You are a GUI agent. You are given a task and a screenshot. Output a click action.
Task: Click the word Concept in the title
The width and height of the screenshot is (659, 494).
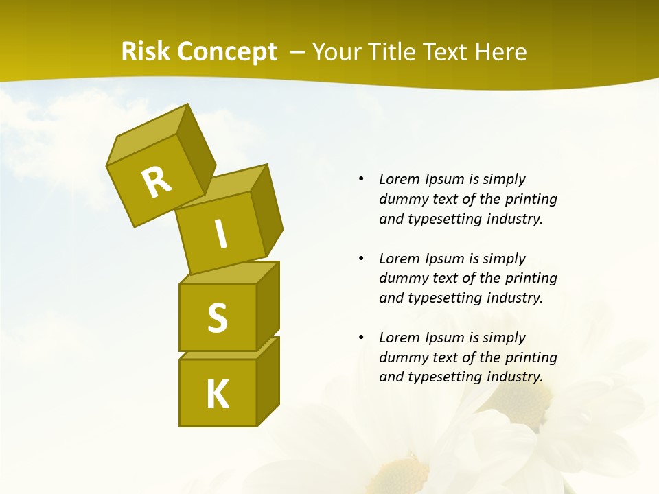click(x=227, y=52)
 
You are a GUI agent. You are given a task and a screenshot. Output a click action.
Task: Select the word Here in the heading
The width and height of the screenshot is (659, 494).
click(x=502, y=52)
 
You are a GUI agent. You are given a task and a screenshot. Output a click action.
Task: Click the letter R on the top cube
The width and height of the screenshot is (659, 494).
click(x=157, y=182)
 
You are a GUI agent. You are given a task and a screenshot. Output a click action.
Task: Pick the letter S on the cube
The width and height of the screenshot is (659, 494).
click(x=217, y=318)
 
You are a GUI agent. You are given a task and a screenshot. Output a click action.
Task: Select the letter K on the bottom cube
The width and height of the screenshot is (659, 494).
click(x=217, y=394)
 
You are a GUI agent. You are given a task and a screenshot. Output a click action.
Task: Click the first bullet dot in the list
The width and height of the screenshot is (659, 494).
click(x=361, y=180)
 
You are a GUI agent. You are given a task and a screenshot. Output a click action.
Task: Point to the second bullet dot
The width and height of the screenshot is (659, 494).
click(x=361, y=259)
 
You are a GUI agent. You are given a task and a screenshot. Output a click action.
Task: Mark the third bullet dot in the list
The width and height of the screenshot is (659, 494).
click(x=361, y=338)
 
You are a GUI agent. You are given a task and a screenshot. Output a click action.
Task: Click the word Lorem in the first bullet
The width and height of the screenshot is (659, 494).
click(x=398, y=180)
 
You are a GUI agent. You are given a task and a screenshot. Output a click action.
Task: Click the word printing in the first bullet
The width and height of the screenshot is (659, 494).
click(x=531, y=200)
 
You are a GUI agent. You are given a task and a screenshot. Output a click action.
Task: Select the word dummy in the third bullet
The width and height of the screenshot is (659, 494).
click(x=401, y=357)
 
